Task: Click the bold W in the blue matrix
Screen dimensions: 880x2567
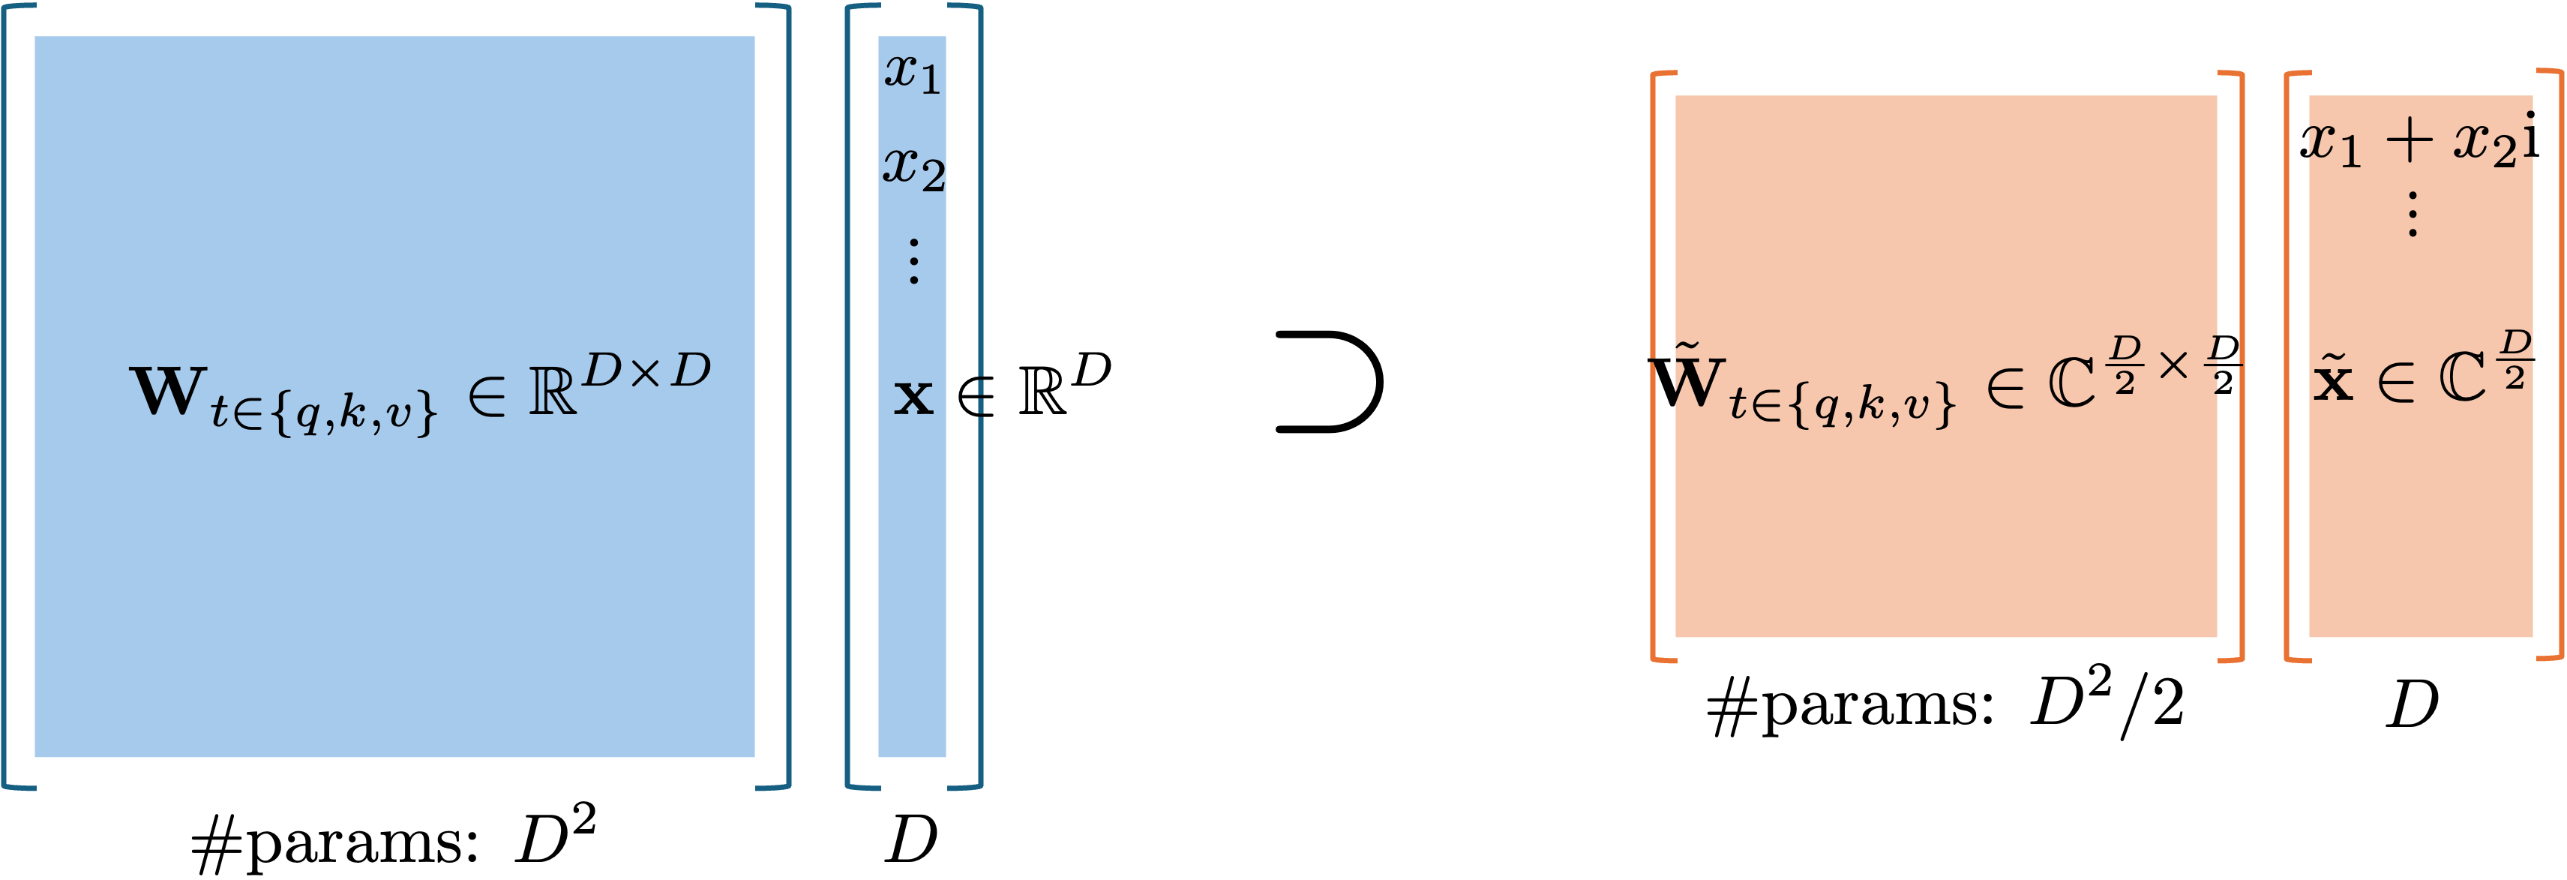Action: coord(167,392)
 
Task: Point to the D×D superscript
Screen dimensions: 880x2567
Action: coord(646,371)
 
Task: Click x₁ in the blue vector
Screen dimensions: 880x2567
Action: coord(912,72)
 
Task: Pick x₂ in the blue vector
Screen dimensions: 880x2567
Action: coord(913,167)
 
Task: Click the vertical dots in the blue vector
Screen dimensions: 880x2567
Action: coord(913,261)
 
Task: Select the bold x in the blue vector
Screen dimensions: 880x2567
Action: coord(913,398)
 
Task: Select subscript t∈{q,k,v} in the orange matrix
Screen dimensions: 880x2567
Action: coord(1843,404)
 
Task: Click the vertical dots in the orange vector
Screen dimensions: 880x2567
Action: coord(2413,215)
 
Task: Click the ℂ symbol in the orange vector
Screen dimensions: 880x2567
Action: coord(2462,380)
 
